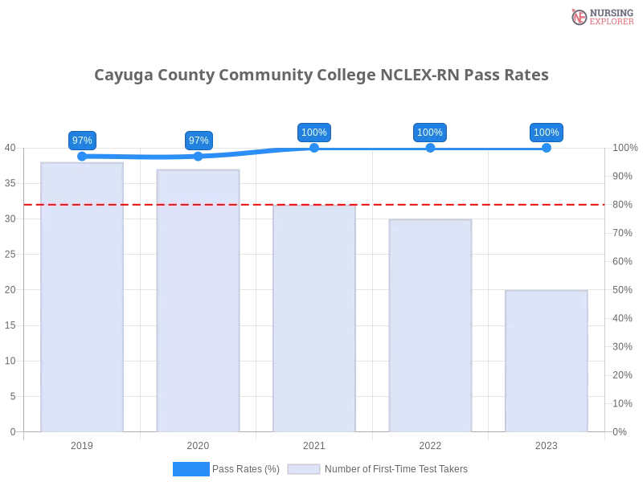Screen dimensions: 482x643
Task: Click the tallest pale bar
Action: coord(83,297)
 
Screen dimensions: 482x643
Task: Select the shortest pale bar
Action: coord(546,361)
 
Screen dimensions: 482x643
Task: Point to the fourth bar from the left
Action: coord(430,325)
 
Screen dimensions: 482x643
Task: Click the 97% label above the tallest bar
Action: coord(82,140)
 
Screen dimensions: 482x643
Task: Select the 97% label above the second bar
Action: coord(199,140)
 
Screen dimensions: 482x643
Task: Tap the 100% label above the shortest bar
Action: coord(546,133)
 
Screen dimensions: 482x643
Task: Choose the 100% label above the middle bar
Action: coord(314,133)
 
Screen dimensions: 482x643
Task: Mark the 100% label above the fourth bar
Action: coord(430,133)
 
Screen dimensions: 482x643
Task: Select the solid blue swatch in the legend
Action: coord(190,468)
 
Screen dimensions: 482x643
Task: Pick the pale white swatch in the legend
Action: coord(304,468)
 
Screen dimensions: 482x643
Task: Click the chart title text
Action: coord(321,76)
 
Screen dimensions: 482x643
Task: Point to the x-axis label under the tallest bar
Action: coord(83,443)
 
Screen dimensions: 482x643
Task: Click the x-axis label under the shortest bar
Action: coord(546,443)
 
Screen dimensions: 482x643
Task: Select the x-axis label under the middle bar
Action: coord(314,443)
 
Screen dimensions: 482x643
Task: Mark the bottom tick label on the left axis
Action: coord(12,431)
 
